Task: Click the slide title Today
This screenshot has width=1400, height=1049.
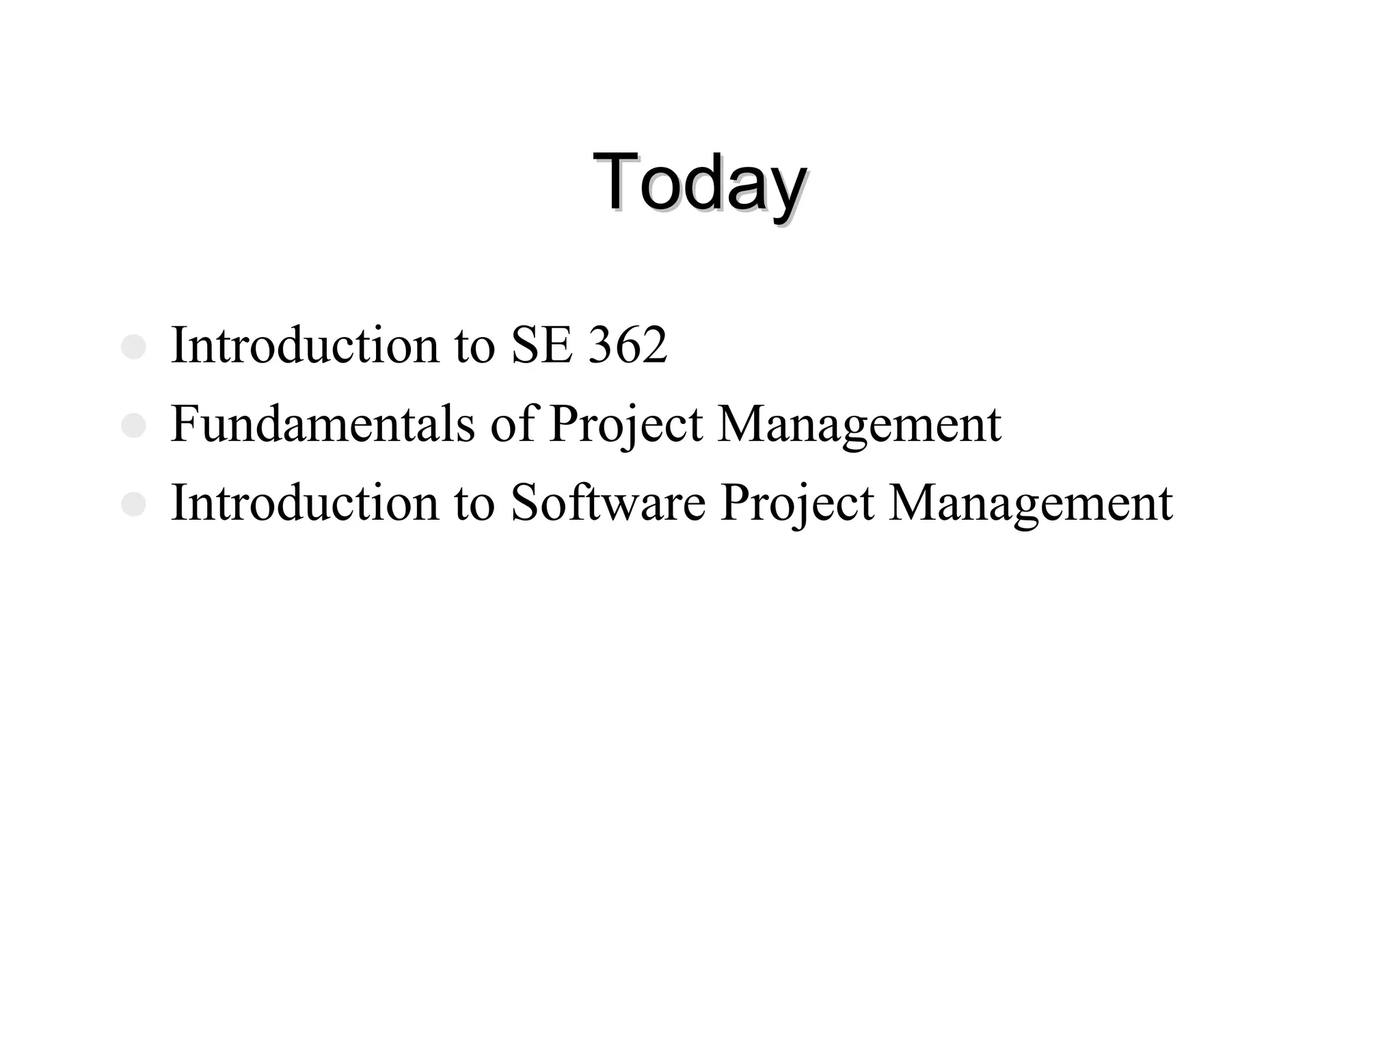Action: tap(699, 183)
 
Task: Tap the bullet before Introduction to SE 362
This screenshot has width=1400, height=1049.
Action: tap(133, 347)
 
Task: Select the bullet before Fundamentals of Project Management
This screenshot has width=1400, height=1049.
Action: tap(133, 426)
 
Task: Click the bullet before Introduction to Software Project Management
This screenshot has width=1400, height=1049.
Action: tap(133, 505)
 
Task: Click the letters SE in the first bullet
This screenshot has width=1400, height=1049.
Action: tap(541, 345)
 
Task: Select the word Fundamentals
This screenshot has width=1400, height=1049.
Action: tap(322, 424)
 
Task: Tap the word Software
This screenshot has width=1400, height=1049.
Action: tap(608, 503)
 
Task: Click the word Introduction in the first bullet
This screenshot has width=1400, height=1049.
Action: tap(305, 345)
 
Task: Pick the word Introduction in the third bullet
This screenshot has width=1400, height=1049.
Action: tap(305, 503)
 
